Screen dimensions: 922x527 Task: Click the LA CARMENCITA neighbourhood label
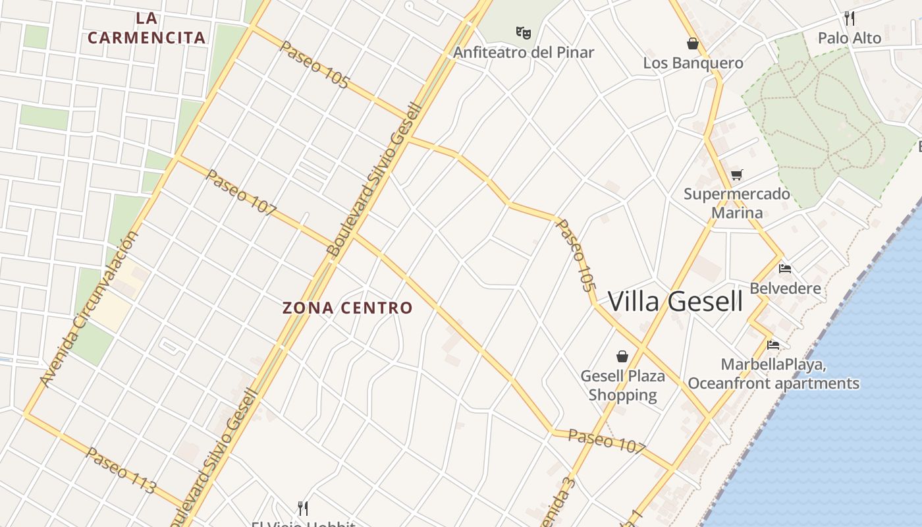pyautogui.click(x=147, y=28)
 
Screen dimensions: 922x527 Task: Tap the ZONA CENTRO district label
pyautogui.click(x=347, y=308)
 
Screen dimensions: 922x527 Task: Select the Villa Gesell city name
pyautogui.click(x=675, y=302)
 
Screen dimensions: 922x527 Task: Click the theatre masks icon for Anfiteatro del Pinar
pyautogui.click(x=524, y=32)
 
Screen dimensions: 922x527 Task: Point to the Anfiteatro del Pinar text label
pyautogui.click(x=524, y=52)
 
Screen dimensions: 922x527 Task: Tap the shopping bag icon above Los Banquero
pyautogui.click(x=692, y=43)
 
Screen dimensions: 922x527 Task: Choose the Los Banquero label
pyautogui.click(x=693, y=63)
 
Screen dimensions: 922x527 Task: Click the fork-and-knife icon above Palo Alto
pyautogui.click(x=850, y=18)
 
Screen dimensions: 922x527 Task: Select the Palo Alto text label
pyautogui.click(x=850, y=38)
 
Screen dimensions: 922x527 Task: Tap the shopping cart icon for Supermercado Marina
pyautogui.click(x=737, y=175)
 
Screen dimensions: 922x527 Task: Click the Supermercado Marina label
pyautogui.click(x=737, y=203)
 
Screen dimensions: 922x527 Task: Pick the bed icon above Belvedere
pyautogui.click(x=785, y=269)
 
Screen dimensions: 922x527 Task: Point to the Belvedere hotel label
pyautogui.click(x=785, y=288)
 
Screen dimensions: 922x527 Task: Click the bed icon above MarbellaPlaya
pyautogui.click(x=773, y=345)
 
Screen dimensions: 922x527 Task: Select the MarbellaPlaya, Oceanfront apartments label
pyautogui.click(x=773, y=374)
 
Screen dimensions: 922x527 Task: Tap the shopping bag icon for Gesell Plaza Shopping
pyautogui.click(x=622, y=356)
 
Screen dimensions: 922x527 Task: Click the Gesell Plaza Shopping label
pyautogui.click(x=622, y=385)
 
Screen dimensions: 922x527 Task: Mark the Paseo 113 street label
pyautogui.click(x=121, y=470)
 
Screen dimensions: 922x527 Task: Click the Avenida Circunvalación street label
pyautogui.click(x=89, y=308)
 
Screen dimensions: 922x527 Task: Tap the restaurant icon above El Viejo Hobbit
pyautogui.click(x=303, y=508)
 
